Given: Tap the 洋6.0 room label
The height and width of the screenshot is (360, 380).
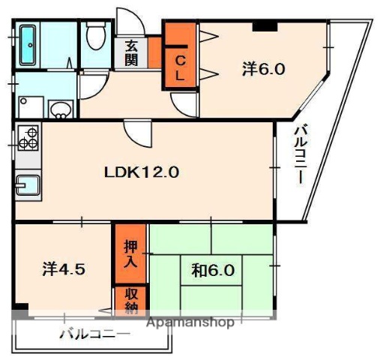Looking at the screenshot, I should point(263,69).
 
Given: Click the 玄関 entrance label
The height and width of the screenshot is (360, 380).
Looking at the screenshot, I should point(131,52).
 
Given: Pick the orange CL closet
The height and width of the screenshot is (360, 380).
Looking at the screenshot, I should point(180,57).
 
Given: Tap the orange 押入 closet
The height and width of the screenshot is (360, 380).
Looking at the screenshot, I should point(130,255).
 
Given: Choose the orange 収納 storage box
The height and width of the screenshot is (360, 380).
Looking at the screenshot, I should point(130,299).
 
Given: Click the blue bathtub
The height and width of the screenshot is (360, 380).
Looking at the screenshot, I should point(28,44).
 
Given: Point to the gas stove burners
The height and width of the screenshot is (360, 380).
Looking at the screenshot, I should point(28,139).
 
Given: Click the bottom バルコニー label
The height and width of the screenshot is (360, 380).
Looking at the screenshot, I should point(94,334).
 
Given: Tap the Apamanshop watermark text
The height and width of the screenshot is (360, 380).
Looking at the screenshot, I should point(190,322).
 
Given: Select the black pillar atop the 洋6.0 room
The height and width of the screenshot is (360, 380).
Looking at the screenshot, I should point(263,27).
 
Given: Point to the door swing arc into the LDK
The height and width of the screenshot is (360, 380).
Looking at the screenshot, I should point(139,135).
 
